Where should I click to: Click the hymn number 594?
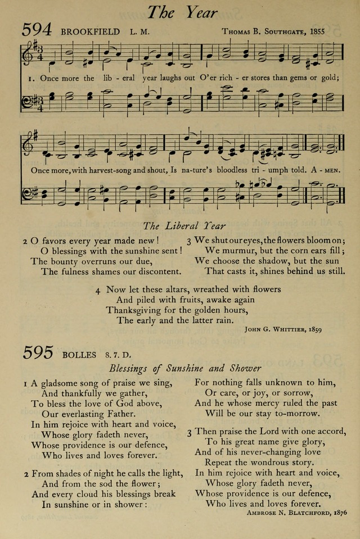(x=38, y=31)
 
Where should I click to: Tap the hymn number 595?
(x=38, y=353)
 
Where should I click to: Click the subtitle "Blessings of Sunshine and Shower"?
(x=186, y=369)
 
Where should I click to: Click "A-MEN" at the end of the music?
(x=328, y=169)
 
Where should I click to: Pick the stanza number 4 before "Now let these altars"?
(x=98, y=290)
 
